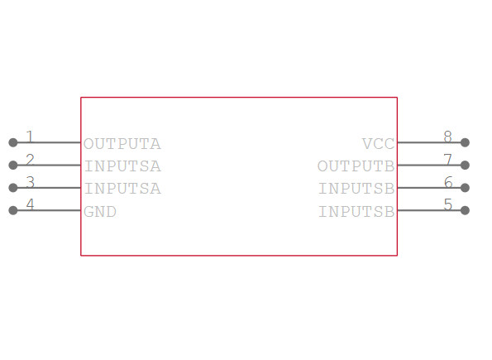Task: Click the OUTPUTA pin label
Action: tap(122, 144)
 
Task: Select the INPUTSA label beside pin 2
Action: tap(122, 166)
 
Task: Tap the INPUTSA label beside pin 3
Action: tap(122, 189)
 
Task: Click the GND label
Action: tap(100, 212)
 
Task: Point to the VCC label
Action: tap(378, 144)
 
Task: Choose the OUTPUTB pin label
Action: tap(356, 166)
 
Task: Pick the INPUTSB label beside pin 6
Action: tap(356, 189)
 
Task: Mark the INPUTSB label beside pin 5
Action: tap(356, 212)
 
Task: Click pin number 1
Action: tap(30, 137)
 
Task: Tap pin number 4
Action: tap(30, 204)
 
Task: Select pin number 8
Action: tap(447, 137)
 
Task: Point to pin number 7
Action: tap(447, 159)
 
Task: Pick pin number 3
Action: tap(30, 181)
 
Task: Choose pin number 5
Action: tap(447, 204)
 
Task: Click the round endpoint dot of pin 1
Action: tap(13, 142)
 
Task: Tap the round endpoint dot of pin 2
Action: tap(13, 166)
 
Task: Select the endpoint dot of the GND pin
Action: tap(13, 210)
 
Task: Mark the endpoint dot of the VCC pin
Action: tap(465, 142)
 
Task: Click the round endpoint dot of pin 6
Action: tap(465, 188)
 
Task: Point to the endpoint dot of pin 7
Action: tap(465, 166)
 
